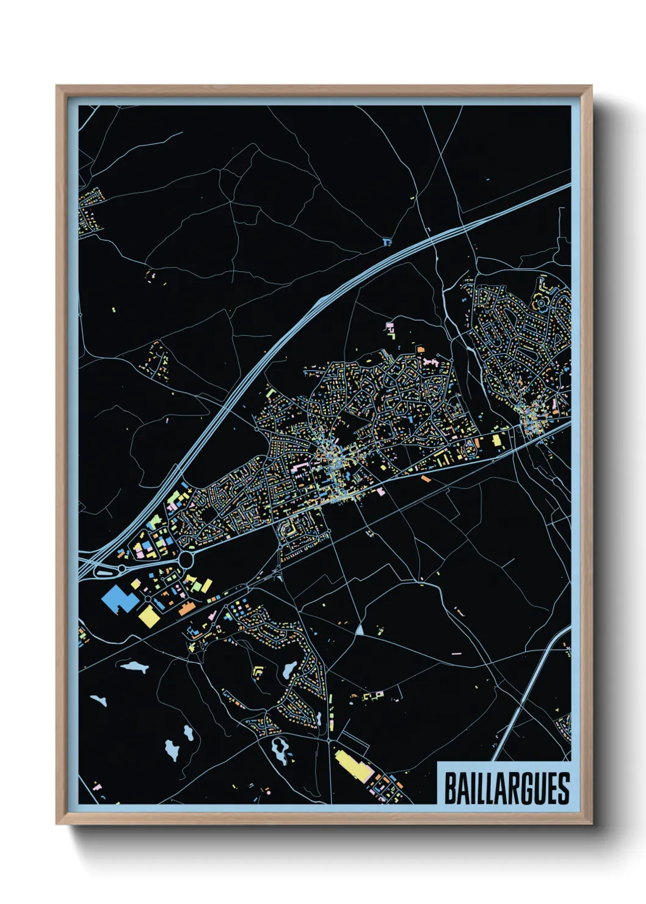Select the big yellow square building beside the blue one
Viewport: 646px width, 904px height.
[x=148, y=615]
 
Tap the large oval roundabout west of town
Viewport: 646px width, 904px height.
[x=186, y=559]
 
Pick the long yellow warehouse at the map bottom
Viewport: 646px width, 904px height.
[x=354, y=765]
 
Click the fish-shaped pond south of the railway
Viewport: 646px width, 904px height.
[x=134, y=666]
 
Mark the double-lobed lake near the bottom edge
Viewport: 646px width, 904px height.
[x=280, y=749]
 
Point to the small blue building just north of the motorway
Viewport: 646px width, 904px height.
[x=386, y=242]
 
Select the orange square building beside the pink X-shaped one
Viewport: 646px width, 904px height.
[x=420, y=349]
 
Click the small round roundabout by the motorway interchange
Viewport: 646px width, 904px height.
[x=122, y=569]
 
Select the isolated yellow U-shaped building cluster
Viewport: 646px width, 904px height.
[x=258, y=672]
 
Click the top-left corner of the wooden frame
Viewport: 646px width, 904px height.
[x=57, y=87]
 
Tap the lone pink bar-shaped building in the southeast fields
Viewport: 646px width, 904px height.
[x=456, y=654]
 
